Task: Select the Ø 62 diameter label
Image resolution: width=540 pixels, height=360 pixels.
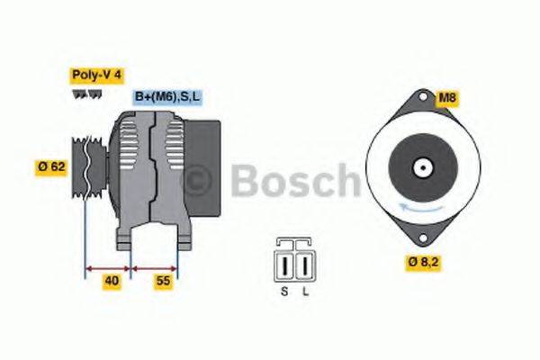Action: tap(52, 167)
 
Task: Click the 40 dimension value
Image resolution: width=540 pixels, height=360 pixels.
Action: tap(112, 281)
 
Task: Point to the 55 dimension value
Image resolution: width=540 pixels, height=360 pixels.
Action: tap(163, 281)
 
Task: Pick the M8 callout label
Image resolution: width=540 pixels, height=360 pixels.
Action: tap(448, 97)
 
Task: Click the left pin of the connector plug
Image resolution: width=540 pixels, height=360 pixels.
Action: tap(287, 266)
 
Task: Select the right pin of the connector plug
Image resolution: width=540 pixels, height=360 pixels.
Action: tap(304, 266)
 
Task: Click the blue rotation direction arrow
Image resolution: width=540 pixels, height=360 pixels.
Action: tap(420, 208)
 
